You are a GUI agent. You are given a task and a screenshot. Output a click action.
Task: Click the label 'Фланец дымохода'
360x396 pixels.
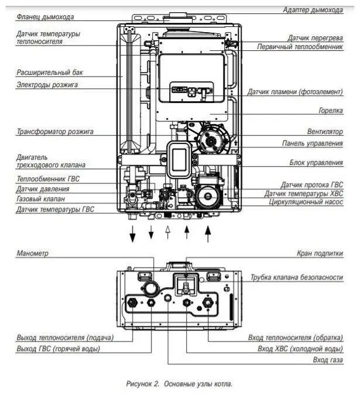point(45,17)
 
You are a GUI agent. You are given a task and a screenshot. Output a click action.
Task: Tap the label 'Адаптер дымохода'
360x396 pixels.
point(313,10)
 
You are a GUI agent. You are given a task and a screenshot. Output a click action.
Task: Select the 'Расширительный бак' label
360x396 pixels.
point(50,73)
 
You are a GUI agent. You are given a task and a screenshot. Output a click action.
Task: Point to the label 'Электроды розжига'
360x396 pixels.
point(47,85)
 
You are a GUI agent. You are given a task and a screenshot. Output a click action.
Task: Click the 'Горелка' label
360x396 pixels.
point(331,111)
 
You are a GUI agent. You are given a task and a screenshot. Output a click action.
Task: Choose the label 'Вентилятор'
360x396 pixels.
point(325,132)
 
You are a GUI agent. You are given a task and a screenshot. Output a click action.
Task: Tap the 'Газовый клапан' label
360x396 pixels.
point(41,199)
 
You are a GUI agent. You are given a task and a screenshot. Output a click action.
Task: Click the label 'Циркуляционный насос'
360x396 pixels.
point(306,202)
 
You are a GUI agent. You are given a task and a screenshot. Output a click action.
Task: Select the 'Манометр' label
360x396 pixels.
point(32,253)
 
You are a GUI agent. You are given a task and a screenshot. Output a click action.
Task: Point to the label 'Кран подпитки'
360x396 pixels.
point(320,253)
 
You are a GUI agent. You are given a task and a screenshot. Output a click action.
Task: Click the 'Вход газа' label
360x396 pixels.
point(328,360)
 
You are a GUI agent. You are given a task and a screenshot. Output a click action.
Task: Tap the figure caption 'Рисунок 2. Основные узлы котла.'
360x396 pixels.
point(179,384)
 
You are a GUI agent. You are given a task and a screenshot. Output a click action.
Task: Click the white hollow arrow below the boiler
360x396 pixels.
point(167,232)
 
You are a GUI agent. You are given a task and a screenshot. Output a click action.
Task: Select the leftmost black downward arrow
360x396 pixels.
point(132,234)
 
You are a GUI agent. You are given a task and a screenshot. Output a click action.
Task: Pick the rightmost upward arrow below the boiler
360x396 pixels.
point(208,234)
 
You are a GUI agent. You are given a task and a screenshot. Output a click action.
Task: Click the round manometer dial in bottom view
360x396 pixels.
point(151,289)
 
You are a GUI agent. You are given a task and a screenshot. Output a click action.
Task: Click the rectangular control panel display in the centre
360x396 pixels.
point(179,160)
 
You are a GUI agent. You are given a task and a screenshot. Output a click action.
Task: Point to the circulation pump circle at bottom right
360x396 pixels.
point(208,196)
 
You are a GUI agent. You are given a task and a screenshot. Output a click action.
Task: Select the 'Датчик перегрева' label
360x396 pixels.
point(316,38)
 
